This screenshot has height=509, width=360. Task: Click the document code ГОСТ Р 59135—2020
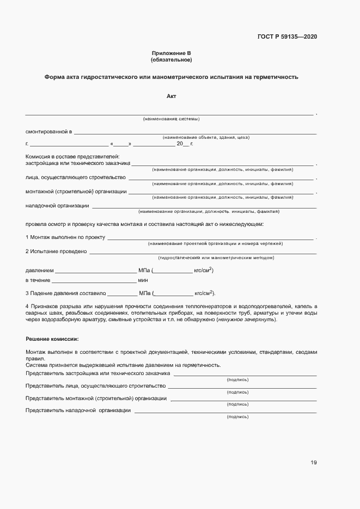[x=287, y=37]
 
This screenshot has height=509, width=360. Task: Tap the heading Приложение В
[x=171, y=53]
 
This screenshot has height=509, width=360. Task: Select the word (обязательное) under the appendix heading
[x=171, y=59]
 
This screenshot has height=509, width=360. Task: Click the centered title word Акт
[x=171, y=96]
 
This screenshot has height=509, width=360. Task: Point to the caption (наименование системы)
[x=171, y=119]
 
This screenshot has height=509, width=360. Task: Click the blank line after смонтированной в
[x=195, y=133]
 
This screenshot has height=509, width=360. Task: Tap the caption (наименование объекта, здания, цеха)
[x=206, y=138]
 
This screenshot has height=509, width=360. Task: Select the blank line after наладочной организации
[x=204, y=207]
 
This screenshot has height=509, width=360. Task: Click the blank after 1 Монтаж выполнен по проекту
[x=210, y=238]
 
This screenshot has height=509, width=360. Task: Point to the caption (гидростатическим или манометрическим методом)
[x=216, y=257]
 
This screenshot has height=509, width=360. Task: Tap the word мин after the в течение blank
[x=143, y=280]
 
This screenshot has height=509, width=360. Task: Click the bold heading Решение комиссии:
[x=52, y=339]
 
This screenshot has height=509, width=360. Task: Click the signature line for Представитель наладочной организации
[x=225, y=412]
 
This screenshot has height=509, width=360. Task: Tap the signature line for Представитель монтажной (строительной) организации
[x=243, y=400]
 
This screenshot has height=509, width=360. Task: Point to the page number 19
[x=313, y=463]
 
